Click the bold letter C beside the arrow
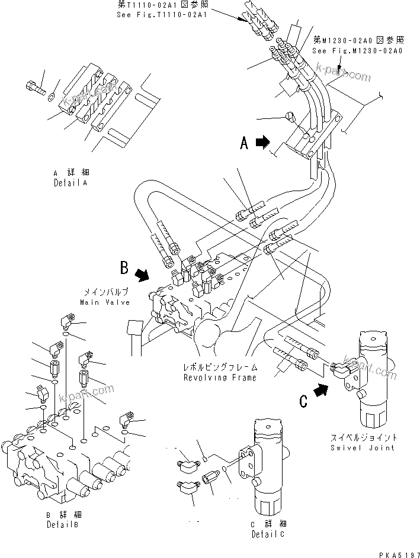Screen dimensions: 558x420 click(x=303, y=401)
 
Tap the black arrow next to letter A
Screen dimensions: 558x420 click(x=262, y=142)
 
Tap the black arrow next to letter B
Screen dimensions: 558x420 click(x=142, y=275)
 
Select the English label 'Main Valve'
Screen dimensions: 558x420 click(x=104, y=302)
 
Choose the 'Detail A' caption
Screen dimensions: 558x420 click(x=69, y=183)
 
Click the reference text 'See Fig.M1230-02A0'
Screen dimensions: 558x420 click(x=358, y=51)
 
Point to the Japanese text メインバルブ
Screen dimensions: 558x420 click(x=104, y=292)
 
